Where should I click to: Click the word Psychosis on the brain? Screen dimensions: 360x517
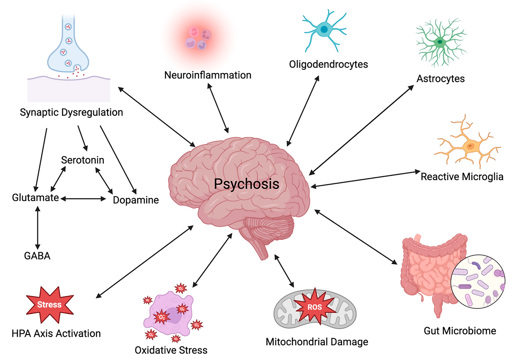tap(246, 184)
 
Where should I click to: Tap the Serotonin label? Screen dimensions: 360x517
tap(82, 160)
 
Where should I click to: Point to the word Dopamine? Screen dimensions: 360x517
tap(136, 200)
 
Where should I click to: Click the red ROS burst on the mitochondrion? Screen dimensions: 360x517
tap(315, 307)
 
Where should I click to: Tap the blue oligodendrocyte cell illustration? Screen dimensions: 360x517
tap(324, 29)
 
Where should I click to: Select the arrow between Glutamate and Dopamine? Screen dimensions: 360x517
tap(83, 198)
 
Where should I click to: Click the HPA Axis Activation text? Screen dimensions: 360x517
tap(56, 333)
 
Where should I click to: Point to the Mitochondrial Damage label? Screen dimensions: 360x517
tap(317, 342)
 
